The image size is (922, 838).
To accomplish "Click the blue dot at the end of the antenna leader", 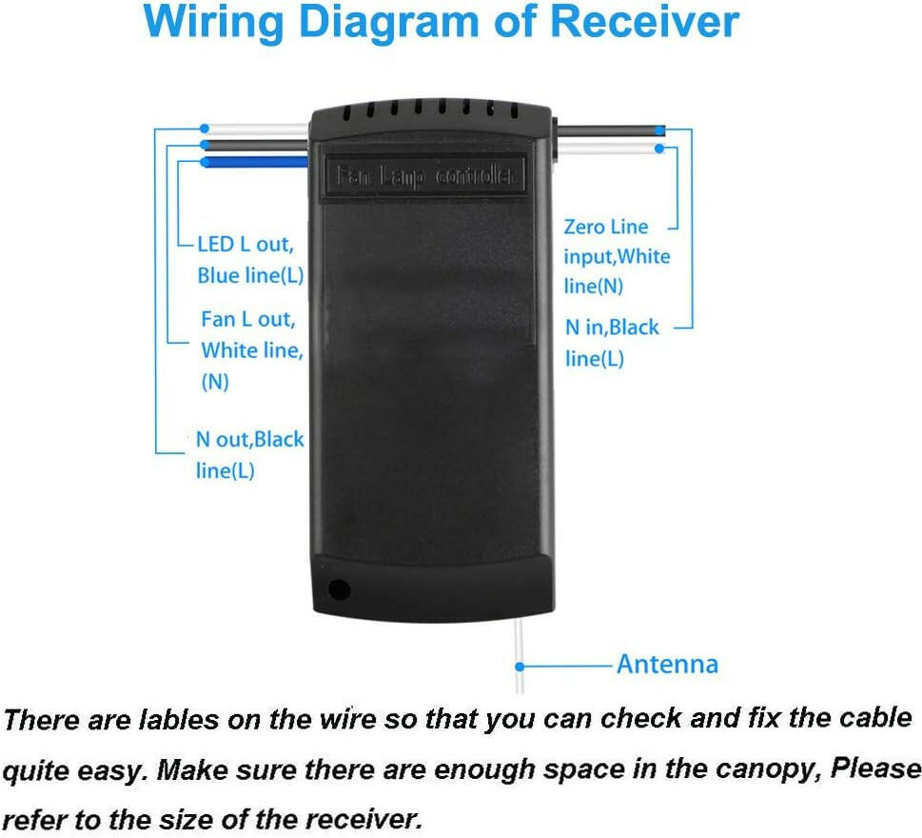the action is coord(520,667).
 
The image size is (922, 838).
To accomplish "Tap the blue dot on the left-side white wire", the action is coord(204,129).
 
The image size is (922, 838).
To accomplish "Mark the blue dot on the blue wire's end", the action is coord(205,162).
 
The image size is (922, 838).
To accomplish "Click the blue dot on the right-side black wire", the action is coord(660,130).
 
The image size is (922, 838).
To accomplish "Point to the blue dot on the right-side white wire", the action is coord(659,149).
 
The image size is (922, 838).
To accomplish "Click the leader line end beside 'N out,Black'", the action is coord(185,452).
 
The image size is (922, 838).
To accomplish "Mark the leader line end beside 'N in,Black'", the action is coord(675,328).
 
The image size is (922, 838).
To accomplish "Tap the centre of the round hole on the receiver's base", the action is coord(339,589).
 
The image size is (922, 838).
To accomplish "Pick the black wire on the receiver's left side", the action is coord(256,146).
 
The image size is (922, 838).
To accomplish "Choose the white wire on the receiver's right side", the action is coord(609,149).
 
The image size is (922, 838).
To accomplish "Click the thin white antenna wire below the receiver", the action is coord(519,655).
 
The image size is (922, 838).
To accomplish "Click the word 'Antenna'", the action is coord(667,665).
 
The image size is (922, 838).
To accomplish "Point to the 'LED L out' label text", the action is coord(245,244).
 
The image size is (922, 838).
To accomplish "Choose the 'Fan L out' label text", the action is coord(248,319).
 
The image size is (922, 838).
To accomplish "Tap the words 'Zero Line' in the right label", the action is coord(606,227).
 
